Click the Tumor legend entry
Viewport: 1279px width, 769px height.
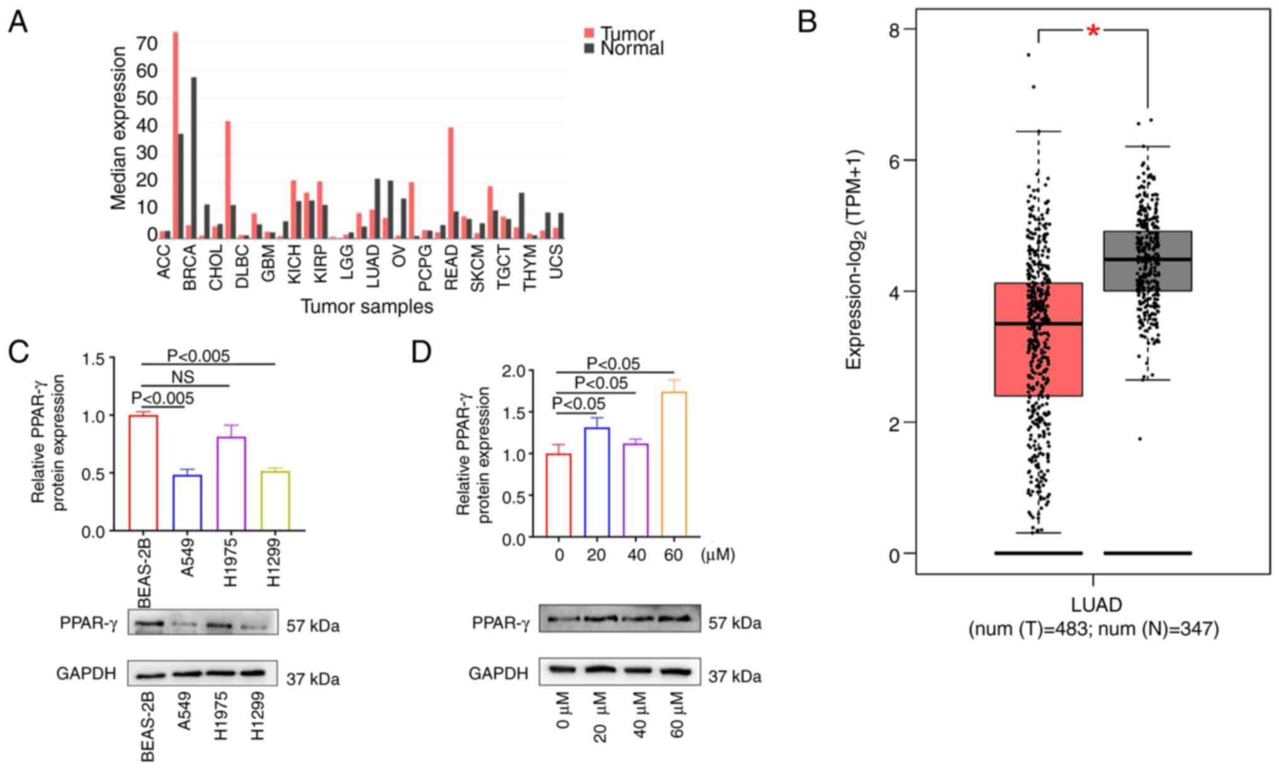coord(627,33)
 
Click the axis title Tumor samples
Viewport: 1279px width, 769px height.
coord(366,306)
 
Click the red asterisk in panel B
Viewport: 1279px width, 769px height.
coord(1093,31)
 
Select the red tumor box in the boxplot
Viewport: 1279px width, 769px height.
coord(1038,339)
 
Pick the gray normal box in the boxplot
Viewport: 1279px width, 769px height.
coord(1147,261)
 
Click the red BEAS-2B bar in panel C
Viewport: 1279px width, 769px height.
coord(144,473)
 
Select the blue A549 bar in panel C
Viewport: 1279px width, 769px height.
coord(187,502)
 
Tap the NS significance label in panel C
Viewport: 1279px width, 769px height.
coord(183,377)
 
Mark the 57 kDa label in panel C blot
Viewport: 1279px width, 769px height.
coord(313,626)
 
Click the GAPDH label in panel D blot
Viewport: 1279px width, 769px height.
coord(498,673)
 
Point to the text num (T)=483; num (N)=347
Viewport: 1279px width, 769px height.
coord(1093,629)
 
